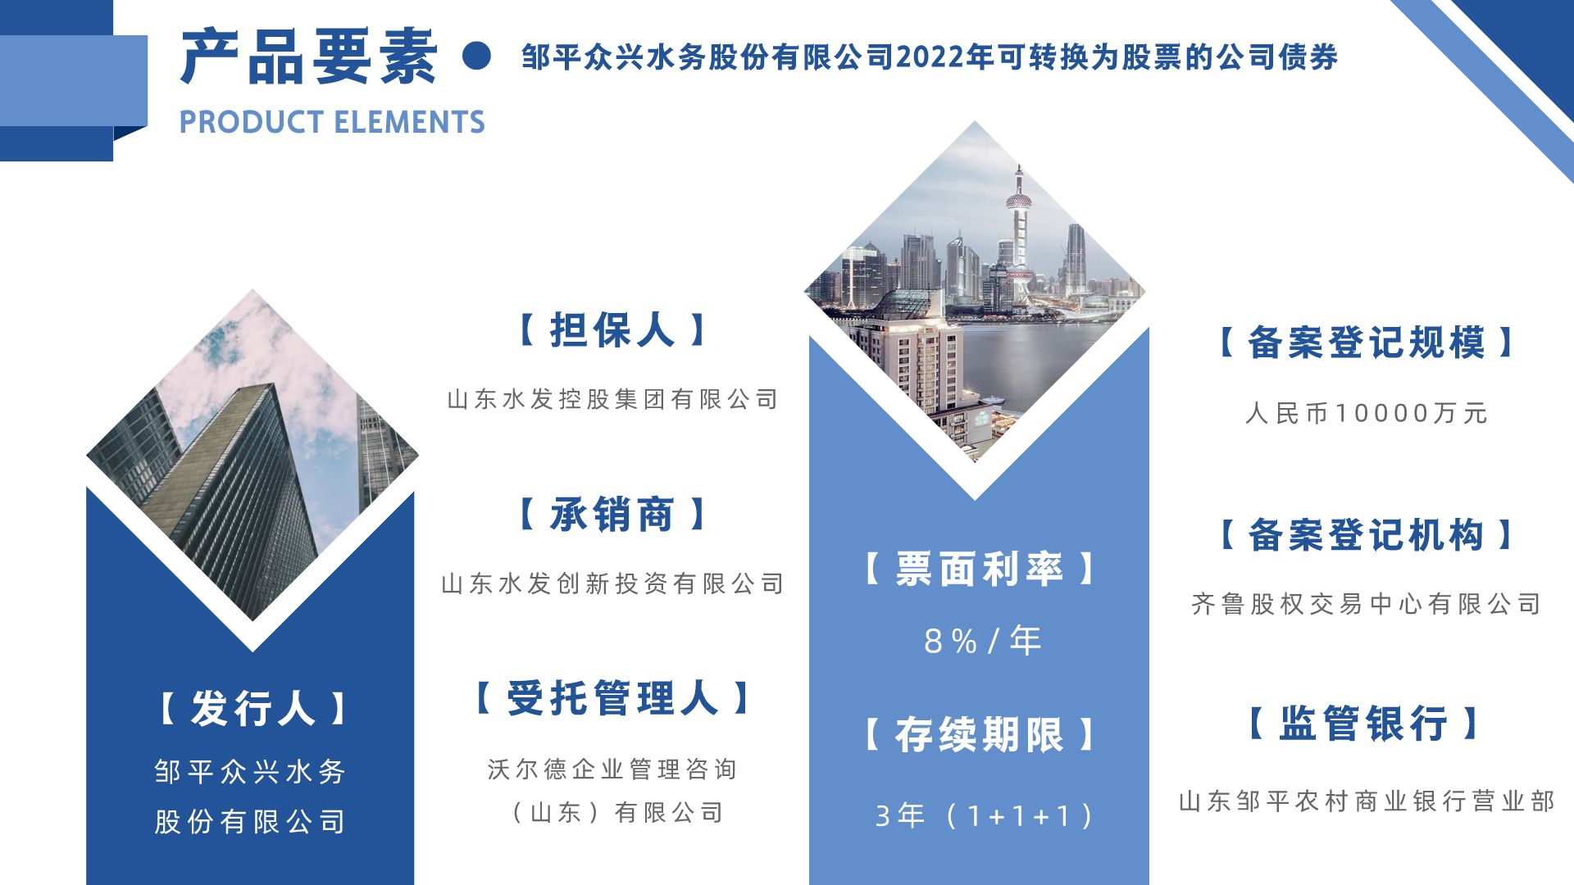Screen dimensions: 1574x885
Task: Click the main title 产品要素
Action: (309, 57)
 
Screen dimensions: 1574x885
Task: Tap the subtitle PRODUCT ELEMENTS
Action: (332, 122)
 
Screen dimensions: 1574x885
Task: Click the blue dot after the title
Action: (476, 57)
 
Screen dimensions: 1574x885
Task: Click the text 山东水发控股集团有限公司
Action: (612, 399)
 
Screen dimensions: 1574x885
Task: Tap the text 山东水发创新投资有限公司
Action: (612, 583)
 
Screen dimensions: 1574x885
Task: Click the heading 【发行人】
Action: (252, 708)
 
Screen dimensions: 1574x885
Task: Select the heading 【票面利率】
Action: (980, 569)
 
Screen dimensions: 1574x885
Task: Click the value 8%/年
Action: (982, 641)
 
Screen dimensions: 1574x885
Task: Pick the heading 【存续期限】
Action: (980, 734)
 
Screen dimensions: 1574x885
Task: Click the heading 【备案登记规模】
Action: (1366, 343)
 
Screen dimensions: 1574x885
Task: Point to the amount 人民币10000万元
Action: (1366, 413)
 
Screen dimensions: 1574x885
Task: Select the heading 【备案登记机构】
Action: (1366, 535)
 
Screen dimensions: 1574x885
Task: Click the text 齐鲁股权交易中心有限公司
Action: (1366, 604)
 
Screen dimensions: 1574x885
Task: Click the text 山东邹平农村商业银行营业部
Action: (1366, 801)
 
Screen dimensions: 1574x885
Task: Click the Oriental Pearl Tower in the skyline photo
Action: (1019, 234)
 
